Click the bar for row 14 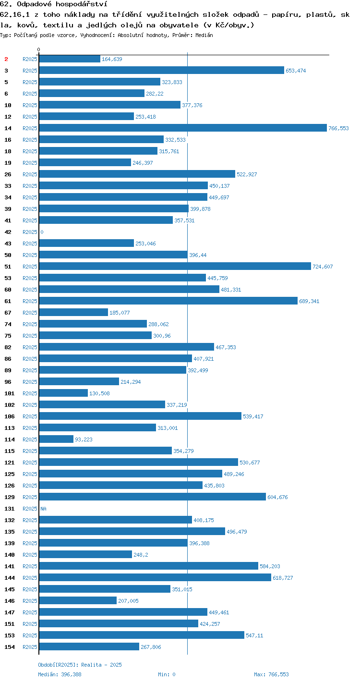coord(183,128)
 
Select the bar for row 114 coord(56,439)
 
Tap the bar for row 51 coord(175,266)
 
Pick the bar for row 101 coord(63,393)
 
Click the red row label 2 coord(6,59)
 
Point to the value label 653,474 coord(296,71)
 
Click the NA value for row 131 coord(43,509)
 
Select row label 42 coord(8,232)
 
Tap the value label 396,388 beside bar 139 coord(199,543)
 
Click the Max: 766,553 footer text coord(271,674)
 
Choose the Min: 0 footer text coord(167,674)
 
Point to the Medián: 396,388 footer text coord(60,674)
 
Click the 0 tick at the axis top coord(39,49)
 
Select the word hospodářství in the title coord(82,4)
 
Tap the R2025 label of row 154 coord(30,646)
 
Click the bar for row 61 coord(168,301)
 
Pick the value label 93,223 coord(84,439)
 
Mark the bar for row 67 coord(73,312)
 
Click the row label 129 coord(10,497)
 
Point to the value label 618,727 coord(283,578)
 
